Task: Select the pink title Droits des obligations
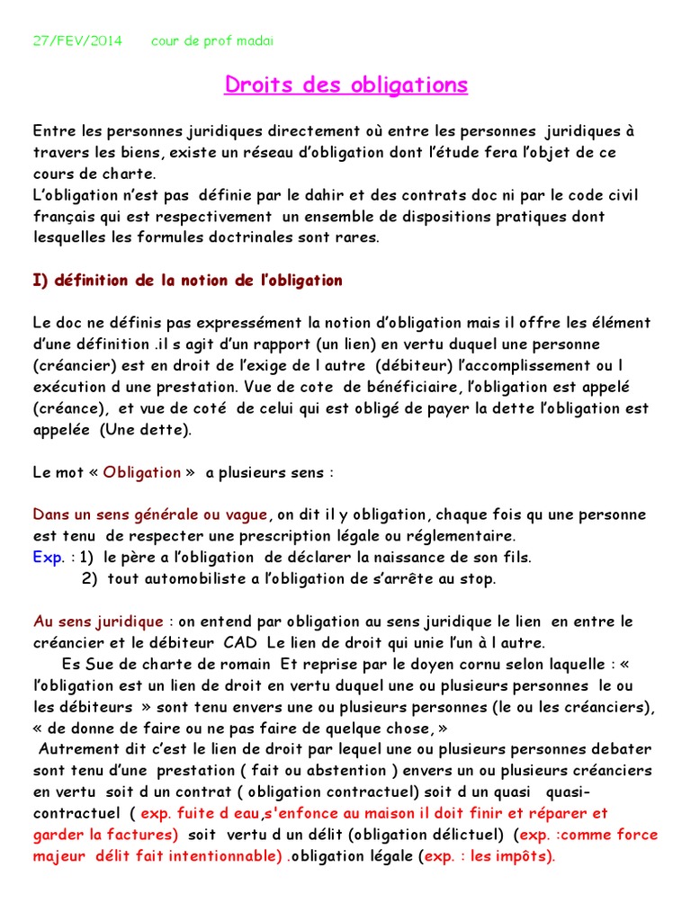tap(345, 85)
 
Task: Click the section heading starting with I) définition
tap(188, 281)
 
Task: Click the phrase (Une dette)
tap(146, 430)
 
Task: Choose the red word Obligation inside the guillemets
tap(142, 472)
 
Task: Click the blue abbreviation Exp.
tap(48, 558)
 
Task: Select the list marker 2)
tap(90, 579)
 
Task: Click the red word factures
tap(144, 835)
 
